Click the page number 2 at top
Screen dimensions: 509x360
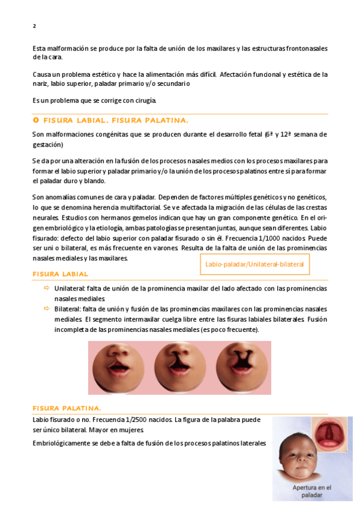tap(34, 26)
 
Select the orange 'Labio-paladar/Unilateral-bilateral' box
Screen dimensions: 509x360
tap(254, 264)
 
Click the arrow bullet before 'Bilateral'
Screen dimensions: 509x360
tap(46, 309)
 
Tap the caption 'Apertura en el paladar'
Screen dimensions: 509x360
tap(311, 492)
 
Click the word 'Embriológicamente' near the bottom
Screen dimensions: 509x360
tap(64, 443)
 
